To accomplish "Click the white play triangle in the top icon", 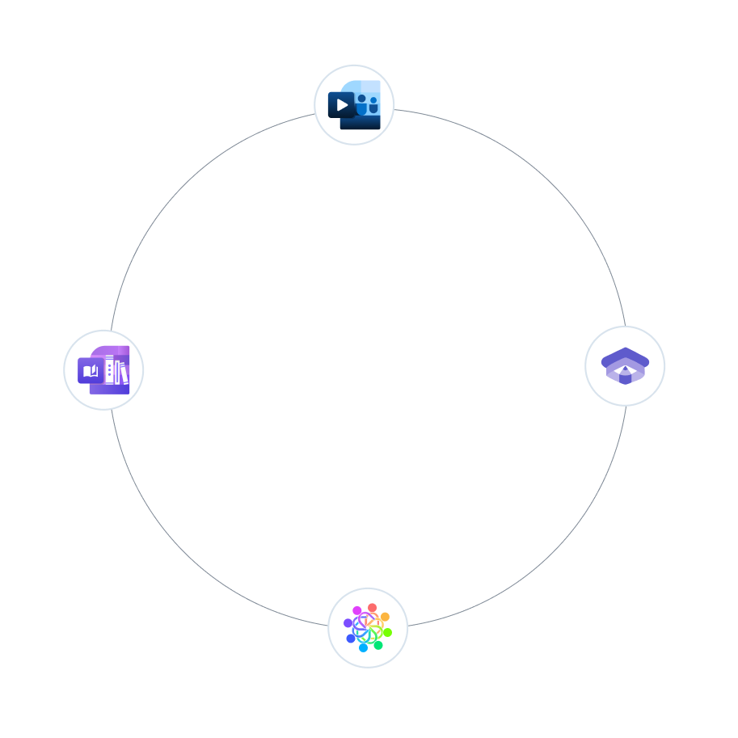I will [x=343, y=105].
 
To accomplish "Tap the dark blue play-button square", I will [x=340, y=105].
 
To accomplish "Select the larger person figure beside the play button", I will [x=361, y=104].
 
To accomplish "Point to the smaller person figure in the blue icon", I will [x=373, y=105].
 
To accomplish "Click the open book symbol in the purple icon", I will [x=91, y=371].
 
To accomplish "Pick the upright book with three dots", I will [x=109, y=369].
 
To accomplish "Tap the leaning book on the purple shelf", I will [x=124, y=373].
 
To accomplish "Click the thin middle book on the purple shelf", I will [x=117, y=371].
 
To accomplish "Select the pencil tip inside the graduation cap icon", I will [x=625, y=369].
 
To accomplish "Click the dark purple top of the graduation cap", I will [x=625, y=356].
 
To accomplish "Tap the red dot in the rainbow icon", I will [x=372, y=608].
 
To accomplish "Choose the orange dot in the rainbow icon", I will [x=385, y=617].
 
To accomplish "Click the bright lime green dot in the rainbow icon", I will [x=387, y=632].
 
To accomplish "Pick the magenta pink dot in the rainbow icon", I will [x=357, y=611].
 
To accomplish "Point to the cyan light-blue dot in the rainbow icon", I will [x=363, y=647].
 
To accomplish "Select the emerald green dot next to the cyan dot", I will [x=378, y=645].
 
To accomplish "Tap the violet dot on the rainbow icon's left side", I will [x=348, y=623].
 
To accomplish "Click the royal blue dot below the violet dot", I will [x=351, y=639].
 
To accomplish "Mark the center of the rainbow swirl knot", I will [x=368, y=628].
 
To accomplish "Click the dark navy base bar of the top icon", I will [x=360, y=124].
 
